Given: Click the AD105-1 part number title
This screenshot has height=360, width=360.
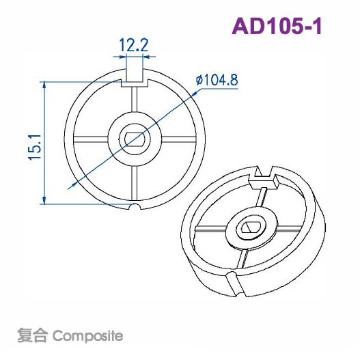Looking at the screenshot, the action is tap(277, 26).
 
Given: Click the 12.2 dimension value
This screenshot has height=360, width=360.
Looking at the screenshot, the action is tap(134, 45).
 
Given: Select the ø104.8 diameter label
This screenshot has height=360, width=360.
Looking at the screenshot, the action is tap(217, 80).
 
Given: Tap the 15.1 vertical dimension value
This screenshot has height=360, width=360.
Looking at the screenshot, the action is tap(35, 148).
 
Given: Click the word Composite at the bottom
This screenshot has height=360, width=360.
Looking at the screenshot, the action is tap(87, 336).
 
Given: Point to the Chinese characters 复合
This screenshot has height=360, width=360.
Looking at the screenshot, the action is tap(33, 335).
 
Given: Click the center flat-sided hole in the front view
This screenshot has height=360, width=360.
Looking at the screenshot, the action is tap(135, 139).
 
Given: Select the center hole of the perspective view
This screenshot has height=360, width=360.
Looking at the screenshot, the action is tap(251, 227).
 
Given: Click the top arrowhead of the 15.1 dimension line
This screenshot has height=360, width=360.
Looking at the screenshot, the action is tap(44, 85).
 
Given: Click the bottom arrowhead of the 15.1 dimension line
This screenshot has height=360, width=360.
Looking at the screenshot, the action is tap(44, 200).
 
